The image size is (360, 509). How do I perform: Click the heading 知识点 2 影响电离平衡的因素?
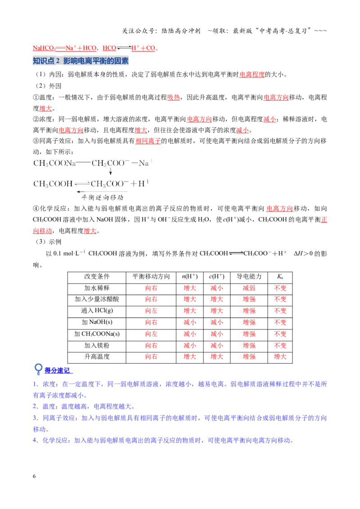tap(81, 61)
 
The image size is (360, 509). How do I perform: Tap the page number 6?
tap(34, 476)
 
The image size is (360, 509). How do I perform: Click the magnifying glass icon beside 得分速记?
tap(38, 369)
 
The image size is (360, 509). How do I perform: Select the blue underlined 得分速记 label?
tap(58, 371)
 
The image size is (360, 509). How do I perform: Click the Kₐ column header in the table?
tap(280, 277)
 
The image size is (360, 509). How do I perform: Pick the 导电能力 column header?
tap(249, 277)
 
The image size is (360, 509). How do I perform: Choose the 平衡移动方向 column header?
tap(151, 277)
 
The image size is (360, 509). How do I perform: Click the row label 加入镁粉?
tap(97, 345)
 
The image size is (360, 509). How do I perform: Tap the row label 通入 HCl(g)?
tap(97, 311)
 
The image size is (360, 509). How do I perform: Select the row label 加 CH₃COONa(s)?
tap(97, 334)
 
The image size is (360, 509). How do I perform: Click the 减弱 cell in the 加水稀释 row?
tap(249, 288)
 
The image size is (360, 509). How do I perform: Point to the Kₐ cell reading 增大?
tap(280, 357)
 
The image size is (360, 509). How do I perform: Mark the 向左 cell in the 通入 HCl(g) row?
tap(151, 311)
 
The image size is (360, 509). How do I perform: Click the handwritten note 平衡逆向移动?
tap(102, 197)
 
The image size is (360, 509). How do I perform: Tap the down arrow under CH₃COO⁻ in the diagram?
tap(110, 171)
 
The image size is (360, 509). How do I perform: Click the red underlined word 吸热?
tap(174, 98)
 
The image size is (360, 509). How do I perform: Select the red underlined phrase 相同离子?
tap(148, 141)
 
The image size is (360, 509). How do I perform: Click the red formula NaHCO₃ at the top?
tap(44, 48)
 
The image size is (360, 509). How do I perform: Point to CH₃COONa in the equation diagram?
tap(54, 163)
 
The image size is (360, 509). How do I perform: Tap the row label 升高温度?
tap(97, 357)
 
